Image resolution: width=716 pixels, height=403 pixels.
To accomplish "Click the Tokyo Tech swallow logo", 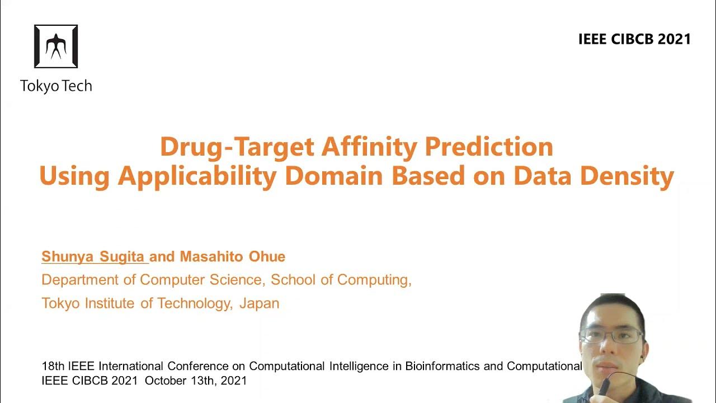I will pyautogui.click(x=56, y=46).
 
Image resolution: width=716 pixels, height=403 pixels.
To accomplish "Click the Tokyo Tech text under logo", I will pyautogui.click(x=56, y=86).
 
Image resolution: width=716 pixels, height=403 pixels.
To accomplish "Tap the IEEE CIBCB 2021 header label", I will pyautogui.click(x=634, y=39).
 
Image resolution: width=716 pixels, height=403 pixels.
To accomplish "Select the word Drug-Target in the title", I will pyautogui.click(x=237, y=147).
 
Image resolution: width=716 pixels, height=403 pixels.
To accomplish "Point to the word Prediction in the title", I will pyautogui.click(x=489, y=147).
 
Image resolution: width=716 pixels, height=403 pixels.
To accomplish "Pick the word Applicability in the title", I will pyautogui.click(x=197, y=176).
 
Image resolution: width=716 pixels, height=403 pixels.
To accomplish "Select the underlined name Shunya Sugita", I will pyautogui.click(x=94, y=256).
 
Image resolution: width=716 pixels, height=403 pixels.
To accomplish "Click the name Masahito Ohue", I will pyautogui.click(x=233, y=256).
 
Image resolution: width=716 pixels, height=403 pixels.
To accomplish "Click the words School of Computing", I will pyautogui.click(x=341, y=280).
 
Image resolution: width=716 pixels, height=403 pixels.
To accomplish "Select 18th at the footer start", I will pyautogui.click(x=54, y=366).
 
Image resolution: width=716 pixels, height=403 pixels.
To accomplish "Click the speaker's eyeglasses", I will pyautogui.click(x=613, y=336).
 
